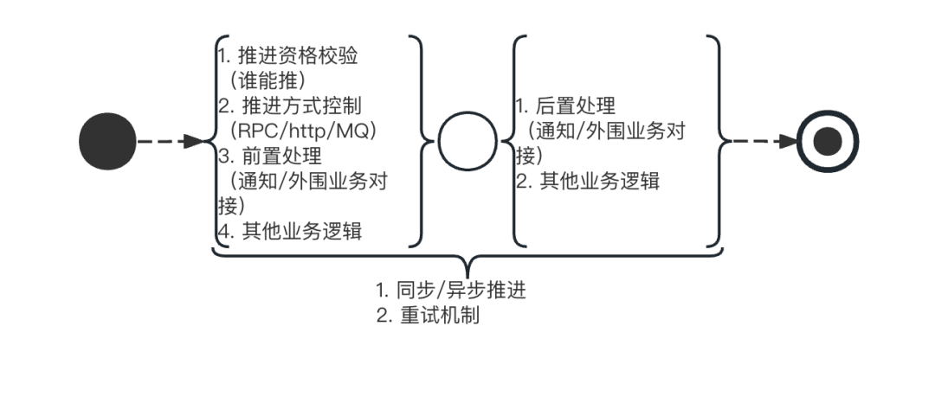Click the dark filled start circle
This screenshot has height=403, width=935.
tap(107, 141)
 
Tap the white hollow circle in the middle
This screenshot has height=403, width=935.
tap(467, 141)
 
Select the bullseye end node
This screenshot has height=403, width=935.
tap(829, 141)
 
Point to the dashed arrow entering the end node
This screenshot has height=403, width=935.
tap(762, 141)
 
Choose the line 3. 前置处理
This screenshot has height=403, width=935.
tap(269, 157)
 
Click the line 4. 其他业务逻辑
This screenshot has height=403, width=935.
tap(289, 232)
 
